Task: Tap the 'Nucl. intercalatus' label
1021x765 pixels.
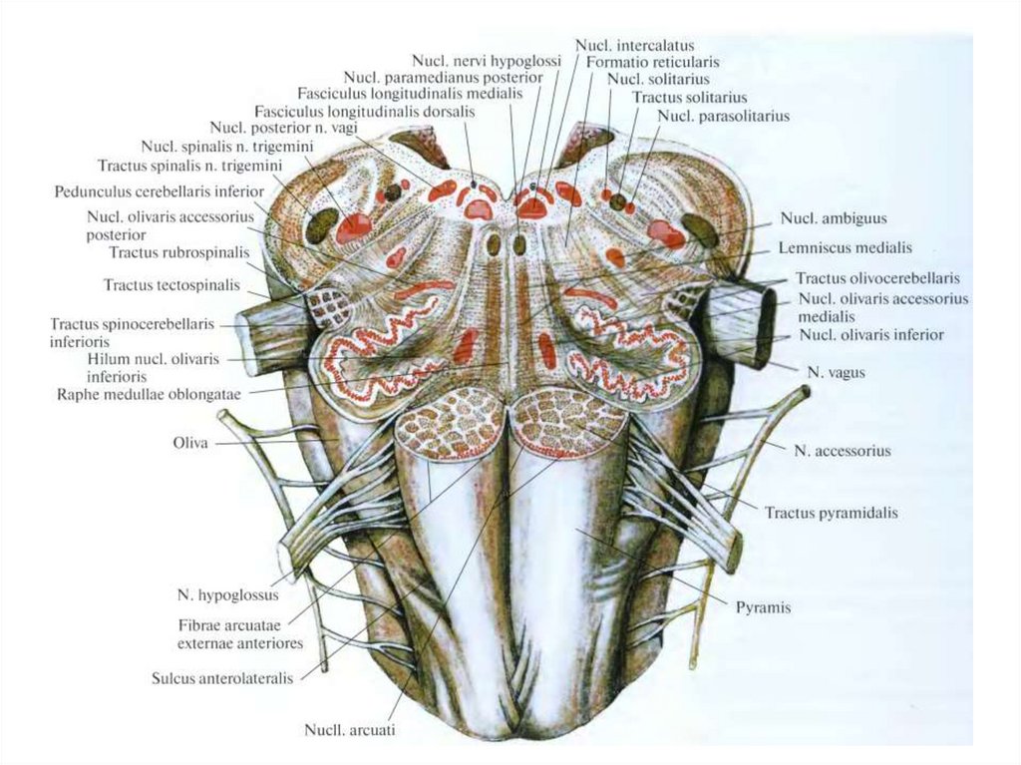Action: [x=634, y=46]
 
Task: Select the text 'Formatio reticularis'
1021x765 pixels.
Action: [x=652, y=62]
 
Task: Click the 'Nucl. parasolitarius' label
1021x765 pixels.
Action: [x=723, y=116]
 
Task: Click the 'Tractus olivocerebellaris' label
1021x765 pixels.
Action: [x=877, y=278]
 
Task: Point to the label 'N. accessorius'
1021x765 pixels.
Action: [x=843, y=451]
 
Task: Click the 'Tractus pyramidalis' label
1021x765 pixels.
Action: [x=832, y=514]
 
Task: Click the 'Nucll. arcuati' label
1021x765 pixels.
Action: [x=350, y=730]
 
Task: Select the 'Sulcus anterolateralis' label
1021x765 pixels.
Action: [x=222, y=678]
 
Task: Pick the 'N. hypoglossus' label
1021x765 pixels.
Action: [x=227, y=595]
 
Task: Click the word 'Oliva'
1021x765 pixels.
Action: [x=189, y=443]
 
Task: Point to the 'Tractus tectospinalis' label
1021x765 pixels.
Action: [x=171, y=285]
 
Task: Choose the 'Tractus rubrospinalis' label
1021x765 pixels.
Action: [x=179, y=252]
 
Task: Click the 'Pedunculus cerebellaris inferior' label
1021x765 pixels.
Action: [x=160, y=191]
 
